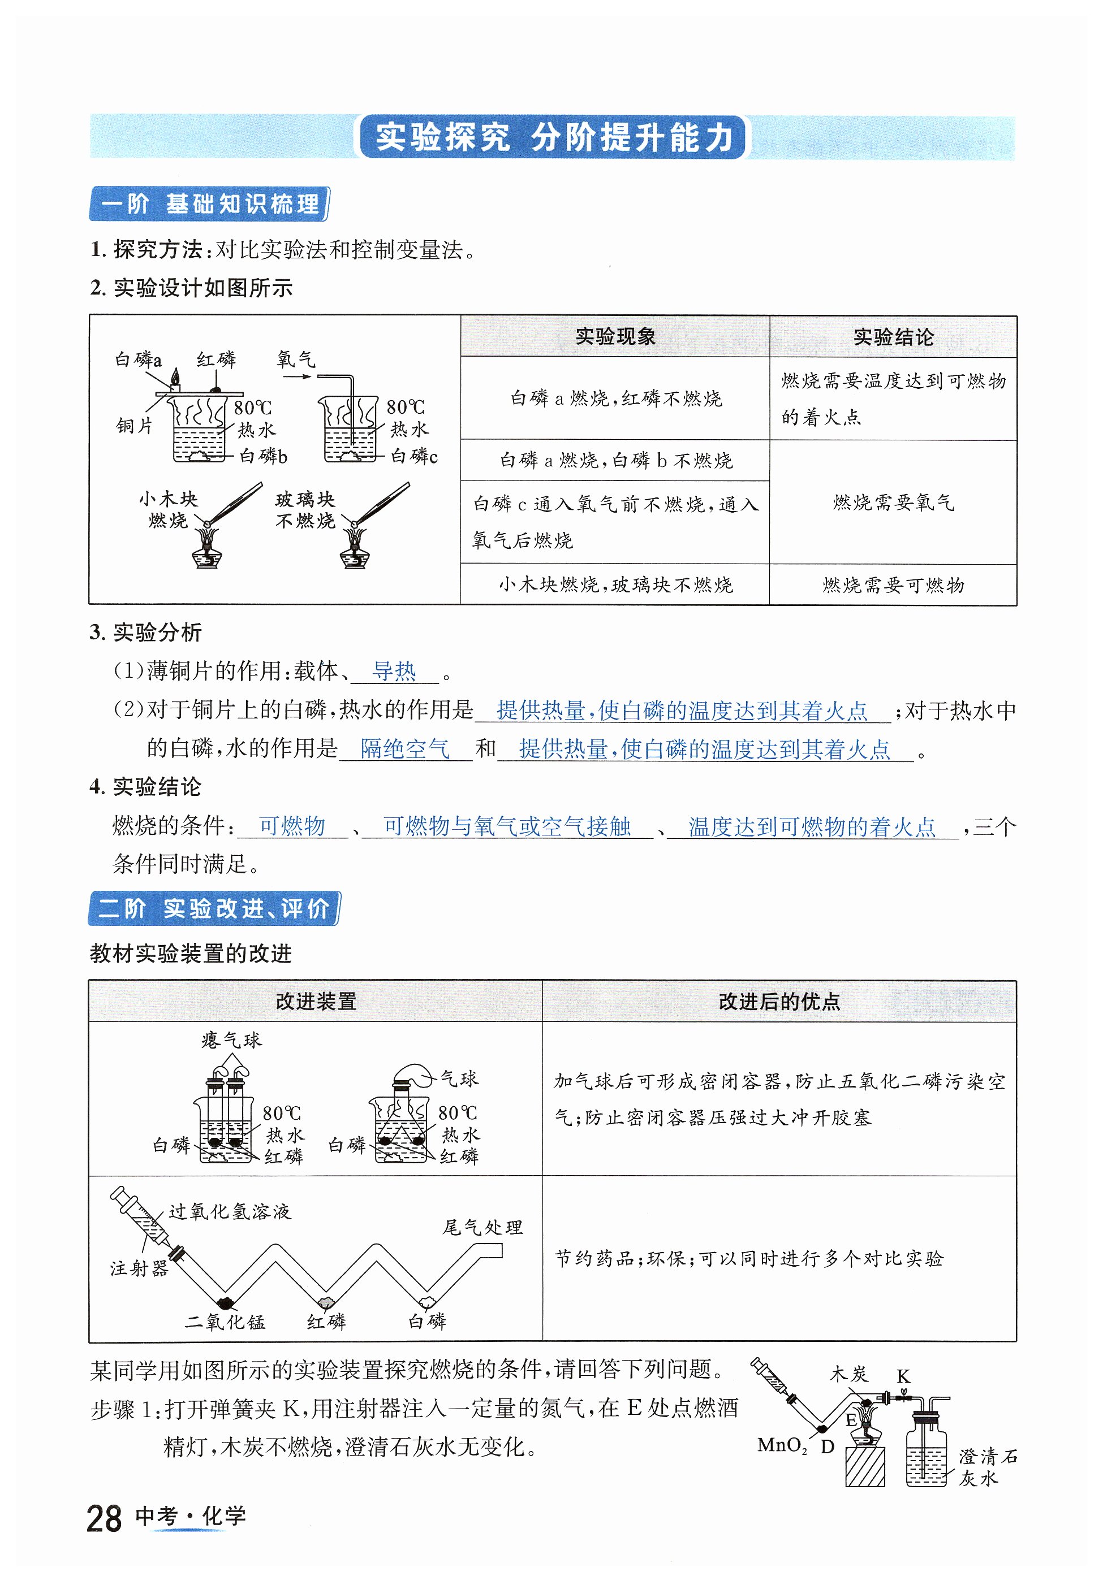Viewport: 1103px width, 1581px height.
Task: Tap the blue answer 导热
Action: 394,671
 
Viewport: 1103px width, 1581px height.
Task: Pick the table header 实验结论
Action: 893,337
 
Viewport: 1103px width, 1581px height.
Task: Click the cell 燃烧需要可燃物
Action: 893,585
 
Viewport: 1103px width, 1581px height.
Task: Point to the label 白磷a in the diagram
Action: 138,359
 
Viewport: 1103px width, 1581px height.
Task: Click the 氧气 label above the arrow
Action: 296,359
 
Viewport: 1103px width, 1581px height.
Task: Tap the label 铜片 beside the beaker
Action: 135,426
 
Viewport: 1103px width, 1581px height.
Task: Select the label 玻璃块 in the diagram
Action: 305,499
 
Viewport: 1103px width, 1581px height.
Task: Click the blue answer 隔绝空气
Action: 404,748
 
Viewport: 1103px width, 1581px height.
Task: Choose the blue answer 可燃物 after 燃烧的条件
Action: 292,826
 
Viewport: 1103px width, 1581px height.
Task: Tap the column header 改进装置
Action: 316,1001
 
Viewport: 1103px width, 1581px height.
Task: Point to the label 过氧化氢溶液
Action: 230,1211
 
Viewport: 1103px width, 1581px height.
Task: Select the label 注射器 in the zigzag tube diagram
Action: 139,1268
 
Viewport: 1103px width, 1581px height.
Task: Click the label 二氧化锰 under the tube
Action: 225,1322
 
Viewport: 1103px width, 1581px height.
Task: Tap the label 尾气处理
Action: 482,1227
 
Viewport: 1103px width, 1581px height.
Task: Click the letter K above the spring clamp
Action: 903,1376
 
